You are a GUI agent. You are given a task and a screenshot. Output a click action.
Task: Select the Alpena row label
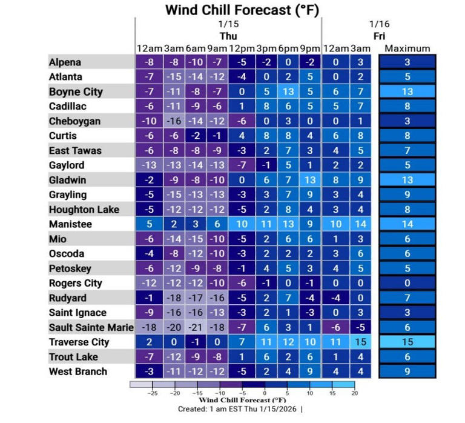[65, 62]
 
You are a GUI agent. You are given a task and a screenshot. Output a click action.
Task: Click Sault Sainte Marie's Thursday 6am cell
[194, 327]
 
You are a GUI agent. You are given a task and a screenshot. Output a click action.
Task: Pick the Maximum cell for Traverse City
[407, 342]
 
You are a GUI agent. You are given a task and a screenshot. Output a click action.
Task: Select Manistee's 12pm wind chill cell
[241, 224]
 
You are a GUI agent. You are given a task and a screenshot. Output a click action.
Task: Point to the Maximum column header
[407, 48]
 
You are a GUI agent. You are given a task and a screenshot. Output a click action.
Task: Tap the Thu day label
[228, 36]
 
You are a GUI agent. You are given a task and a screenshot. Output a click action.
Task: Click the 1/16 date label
[379, 24]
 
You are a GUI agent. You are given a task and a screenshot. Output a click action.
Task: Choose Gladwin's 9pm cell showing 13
[311, 180]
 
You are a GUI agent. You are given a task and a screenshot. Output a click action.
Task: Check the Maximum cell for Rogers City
[407, 283]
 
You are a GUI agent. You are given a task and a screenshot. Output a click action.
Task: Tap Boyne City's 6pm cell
[288, 92]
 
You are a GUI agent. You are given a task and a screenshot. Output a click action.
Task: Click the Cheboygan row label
[74, 121]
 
